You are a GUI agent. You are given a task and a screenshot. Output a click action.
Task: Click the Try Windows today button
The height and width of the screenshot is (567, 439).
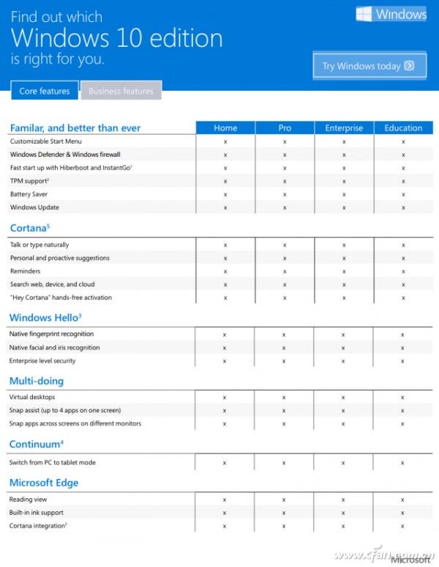[x=369, y=66]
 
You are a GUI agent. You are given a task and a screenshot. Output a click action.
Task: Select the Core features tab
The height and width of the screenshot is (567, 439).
[x=45, y=92]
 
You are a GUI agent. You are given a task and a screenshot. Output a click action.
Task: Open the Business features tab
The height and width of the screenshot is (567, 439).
[x=121, y=92]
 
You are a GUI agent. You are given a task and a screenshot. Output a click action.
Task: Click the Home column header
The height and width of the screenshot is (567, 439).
[x=225, y=127]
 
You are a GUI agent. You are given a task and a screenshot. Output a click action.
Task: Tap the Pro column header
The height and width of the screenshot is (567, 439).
[x=285, y=127]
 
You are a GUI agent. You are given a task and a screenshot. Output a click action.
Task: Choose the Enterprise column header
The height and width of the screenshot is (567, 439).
[x=344, y=127]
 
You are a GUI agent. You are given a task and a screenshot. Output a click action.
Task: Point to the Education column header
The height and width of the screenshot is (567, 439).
[x=403, y=127]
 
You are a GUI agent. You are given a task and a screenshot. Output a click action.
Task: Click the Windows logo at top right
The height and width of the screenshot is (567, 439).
[x=391, y=14]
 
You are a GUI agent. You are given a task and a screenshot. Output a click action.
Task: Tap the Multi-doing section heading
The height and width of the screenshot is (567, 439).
[x=37, y=381]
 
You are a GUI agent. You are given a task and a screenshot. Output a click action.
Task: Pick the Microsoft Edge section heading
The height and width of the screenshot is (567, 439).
[x=44, y=483]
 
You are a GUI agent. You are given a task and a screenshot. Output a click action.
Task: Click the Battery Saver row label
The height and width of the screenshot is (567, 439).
[x=30, y=194]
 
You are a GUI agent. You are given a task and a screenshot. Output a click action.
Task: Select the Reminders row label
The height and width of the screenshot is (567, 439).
[x=26, y=271]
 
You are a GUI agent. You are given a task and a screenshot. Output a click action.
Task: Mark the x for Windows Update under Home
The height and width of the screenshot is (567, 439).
[x=225, y=207]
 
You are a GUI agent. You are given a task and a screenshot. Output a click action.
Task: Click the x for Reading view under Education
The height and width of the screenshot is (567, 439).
[x=402, y=499]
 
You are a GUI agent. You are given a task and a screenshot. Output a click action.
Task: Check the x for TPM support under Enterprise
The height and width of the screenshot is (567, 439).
[x=344, y=181]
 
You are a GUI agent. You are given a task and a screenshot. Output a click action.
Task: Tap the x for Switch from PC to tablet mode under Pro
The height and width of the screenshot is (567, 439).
[x=285, y=463]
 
